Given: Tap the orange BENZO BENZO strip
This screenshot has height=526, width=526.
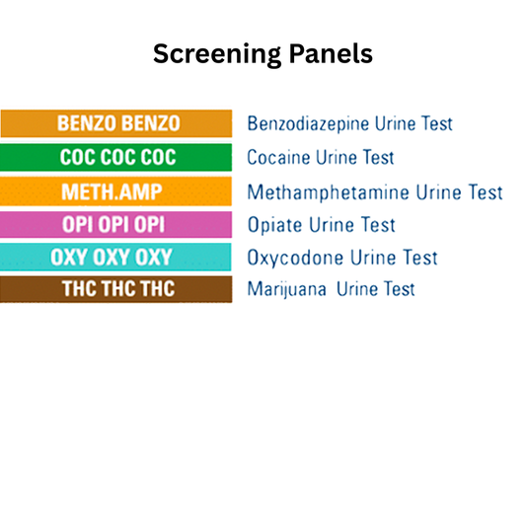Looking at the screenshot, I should click(117, 123).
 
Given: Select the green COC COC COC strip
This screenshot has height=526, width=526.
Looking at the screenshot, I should click(116, 157).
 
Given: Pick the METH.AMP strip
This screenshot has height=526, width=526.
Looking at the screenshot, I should click(116, 191).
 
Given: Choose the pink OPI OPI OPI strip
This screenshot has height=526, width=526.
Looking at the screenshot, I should click(116, 224).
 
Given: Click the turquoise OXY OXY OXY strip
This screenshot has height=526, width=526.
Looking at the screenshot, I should click(116, 258).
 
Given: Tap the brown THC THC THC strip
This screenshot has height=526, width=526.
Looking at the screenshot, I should click(116, 289).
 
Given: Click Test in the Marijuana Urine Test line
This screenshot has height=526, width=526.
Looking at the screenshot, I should click(398, 289).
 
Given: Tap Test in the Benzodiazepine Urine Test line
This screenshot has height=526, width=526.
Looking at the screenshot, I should click(434, 124).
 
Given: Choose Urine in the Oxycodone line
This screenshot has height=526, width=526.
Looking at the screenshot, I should click(369, 258).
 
